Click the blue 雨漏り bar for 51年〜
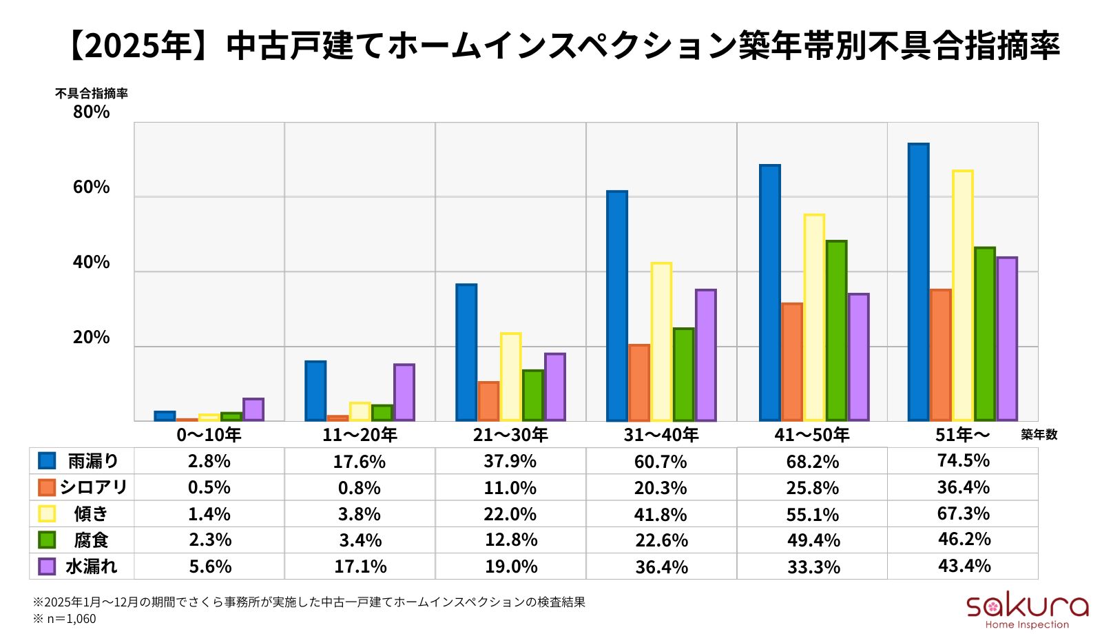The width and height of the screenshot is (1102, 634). tap(918, 283)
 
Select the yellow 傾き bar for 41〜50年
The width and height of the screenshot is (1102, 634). tap(814, 318)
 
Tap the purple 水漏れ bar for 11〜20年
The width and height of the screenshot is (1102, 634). tap(404, 392)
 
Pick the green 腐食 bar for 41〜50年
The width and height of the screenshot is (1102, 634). tap(836, 331)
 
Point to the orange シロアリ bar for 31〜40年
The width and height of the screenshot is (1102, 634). tap(639, 382)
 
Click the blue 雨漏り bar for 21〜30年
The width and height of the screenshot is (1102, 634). tap(466, 352)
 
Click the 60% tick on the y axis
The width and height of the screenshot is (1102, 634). tap(92, 187)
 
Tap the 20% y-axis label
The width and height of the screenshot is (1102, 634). tap(92, 337)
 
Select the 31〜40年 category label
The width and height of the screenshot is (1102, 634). tap(661, 435)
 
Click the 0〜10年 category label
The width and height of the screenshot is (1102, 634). tap(209, 435)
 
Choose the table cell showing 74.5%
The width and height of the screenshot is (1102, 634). tap(963, 460)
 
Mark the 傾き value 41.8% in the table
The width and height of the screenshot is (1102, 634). tap(661, 514)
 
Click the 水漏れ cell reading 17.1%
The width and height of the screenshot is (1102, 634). tap(360, 566)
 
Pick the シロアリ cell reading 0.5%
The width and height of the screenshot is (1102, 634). tap(209, 487)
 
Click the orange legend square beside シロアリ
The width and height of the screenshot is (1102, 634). tap(47, 487)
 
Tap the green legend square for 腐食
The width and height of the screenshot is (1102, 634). tap(47, 540)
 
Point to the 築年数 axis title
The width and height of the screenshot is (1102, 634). tap(1039, 435)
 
